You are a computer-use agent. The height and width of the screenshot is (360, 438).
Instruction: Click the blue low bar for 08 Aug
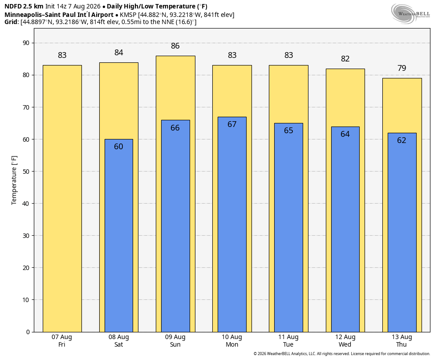point(119,235)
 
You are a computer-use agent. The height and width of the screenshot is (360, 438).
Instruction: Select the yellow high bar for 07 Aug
point(62,198)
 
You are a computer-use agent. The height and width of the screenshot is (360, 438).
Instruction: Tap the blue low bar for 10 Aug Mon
point(232,224)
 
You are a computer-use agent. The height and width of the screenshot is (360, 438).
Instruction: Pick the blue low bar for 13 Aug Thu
point(402,232)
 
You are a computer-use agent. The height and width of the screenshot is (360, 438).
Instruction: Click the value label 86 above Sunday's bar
point(175,46)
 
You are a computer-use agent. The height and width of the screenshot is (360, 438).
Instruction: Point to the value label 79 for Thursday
point(401,68)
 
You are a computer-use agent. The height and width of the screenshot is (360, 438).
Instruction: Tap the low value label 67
point(232,124)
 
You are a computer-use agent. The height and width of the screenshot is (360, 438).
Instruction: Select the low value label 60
point(118,147)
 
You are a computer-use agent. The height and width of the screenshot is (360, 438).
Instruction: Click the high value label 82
point(345,59)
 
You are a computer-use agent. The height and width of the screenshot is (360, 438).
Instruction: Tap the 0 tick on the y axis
point(28,332)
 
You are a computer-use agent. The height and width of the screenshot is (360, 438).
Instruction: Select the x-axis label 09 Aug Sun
point(175,341)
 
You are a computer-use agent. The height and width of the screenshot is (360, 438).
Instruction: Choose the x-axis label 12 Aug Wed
point(345,341)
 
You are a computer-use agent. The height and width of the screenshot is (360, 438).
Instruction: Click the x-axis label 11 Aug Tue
point(288,341)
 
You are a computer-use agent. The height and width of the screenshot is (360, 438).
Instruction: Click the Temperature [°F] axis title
point(14,180)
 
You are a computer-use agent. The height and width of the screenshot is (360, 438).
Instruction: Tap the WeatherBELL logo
point(410,14)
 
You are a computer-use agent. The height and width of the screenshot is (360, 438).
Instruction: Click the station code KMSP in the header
point(128,15)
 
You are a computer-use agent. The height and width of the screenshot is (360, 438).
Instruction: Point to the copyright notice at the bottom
point(341,354)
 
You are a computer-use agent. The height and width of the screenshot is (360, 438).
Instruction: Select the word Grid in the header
point(11,22)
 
